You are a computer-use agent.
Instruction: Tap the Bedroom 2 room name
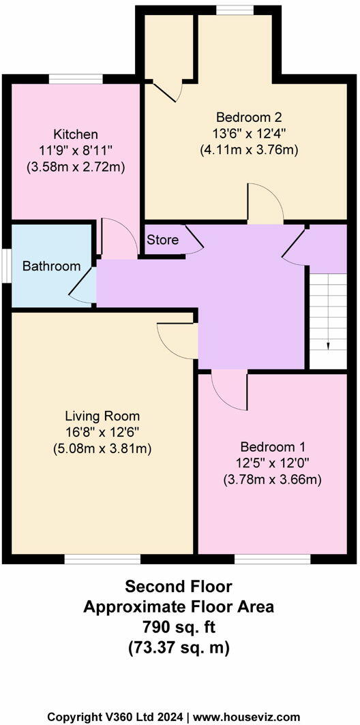click(x=249, y=117)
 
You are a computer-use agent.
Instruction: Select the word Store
click(x=162, y=240)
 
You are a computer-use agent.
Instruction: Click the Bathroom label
click(x=51, y=266)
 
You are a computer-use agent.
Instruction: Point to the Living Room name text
click(x=102, y=416)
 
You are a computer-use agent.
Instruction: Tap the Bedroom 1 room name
click(x=272, y=447)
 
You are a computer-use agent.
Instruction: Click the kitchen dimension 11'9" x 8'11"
click(x=76, y=150)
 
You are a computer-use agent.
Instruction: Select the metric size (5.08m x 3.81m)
click(x=102, y=448)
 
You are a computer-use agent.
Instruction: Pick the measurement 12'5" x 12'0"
click(x=272, y=463)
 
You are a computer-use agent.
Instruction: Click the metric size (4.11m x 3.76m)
click(x=249, y=149)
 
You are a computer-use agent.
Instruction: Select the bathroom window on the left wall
click(x=5, y=266)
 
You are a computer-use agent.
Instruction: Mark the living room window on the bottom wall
click(x=102, y=559)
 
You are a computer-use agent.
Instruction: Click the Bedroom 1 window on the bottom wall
click(x=272, y=559)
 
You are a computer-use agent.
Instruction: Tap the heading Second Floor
click(x=179, y=587)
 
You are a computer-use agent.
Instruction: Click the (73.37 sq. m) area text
click(x=179, y=647)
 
